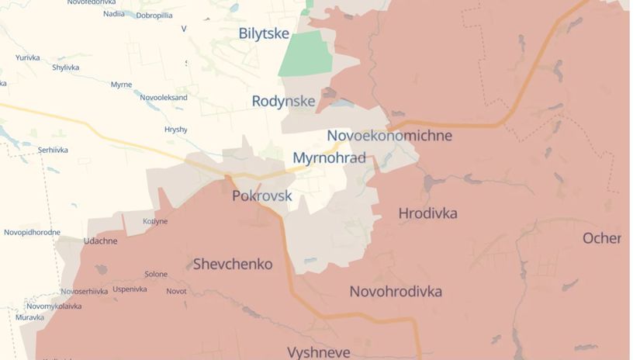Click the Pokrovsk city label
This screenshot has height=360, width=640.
[262, 196]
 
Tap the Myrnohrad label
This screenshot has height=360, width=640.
[329, 158]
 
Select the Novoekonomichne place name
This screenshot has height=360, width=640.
[389, 136]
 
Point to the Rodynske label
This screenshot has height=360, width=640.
[283, 101]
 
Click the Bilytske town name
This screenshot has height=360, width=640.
[264, 33]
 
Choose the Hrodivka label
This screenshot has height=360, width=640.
[427, 213]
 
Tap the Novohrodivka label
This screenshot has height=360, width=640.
[396, 292]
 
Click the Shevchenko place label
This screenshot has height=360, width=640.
[233, 265]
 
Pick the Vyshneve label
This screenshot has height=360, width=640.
[320, 352]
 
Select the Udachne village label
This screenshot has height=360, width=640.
[101, 241]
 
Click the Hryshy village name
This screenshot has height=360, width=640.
[176, 130]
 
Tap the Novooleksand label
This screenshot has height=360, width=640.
[164, 98]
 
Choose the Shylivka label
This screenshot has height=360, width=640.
[66, 67]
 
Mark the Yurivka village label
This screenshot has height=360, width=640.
[27, 57]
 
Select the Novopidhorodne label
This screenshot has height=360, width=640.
[32, 232]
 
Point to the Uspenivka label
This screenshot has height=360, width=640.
[130, 289]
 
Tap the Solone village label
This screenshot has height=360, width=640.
[156, 275]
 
